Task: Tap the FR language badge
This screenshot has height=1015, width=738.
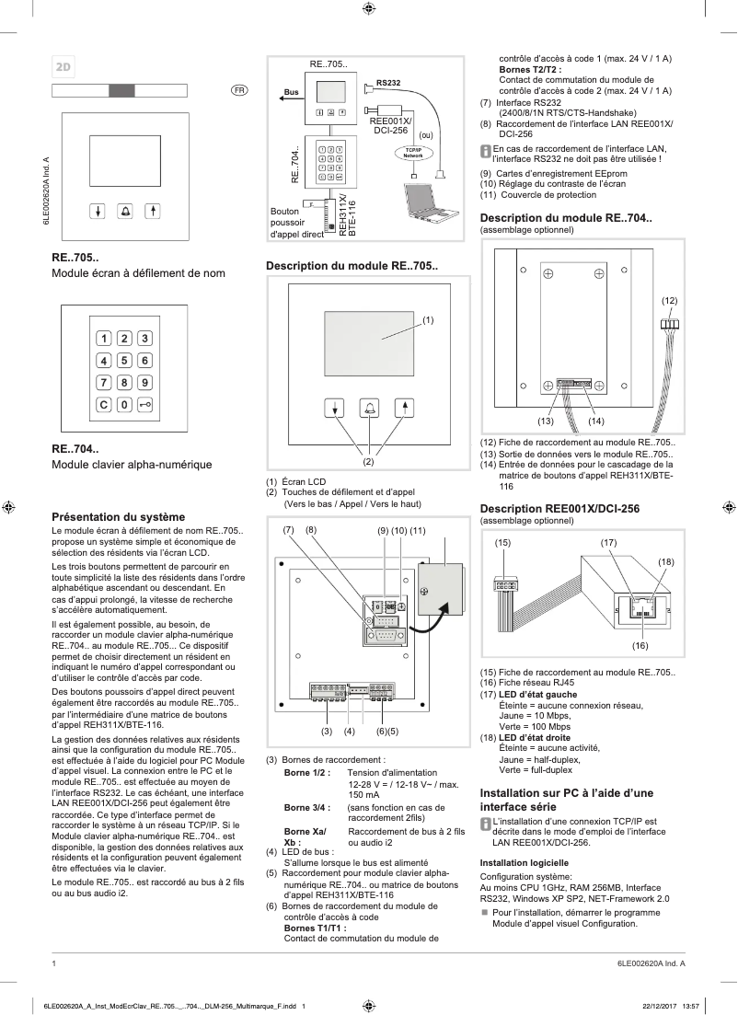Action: click(238, 90)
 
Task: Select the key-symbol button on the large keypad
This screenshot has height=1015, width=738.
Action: click(145, 404)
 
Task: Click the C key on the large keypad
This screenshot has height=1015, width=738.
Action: click(103, 404)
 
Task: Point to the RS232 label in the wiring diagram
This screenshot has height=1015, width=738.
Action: click(388, 84)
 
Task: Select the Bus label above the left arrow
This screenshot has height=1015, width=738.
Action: click(291, 93)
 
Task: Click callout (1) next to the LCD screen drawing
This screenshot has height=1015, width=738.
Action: click(428, 319)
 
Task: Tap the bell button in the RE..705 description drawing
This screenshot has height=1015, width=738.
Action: click(369, 409)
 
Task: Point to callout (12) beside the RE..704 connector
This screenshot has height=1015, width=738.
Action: click(669, 301)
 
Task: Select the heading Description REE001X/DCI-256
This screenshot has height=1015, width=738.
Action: click(559, 508)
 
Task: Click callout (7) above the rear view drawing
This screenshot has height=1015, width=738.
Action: click(288, 530)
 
